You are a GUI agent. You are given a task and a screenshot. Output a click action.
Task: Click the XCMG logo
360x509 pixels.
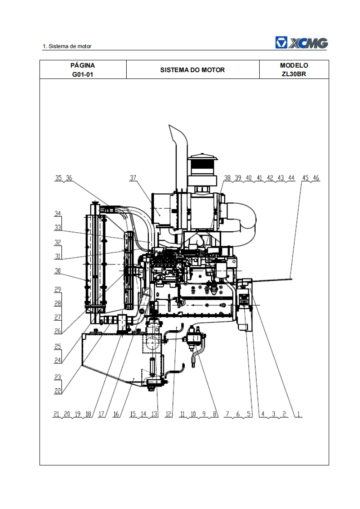[301, 43]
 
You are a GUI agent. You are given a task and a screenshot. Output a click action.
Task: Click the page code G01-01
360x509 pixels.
[83, 74]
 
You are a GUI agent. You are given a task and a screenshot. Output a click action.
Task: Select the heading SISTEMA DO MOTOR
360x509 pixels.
[192, 70]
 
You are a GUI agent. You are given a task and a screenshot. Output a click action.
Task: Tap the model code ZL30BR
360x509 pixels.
[294, 74]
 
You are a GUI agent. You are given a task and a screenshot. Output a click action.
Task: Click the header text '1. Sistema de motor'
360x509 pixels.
[67, 46]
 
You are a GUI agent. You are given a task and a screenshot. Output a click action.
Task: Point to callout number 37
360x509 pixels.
[133, 178]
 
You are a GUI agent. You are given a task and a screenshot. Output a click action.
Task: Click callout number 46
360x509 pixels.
[316, 178]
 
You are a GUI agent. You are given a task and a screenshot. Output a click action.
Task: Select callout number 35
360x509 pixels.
[59, 178]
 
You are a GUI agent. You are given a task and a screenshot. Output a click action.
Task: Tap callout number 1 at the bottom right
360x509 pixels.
[299, 414]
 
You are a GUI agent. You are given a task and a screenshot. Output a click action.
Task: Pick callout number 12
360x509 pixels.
[168, 414]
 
